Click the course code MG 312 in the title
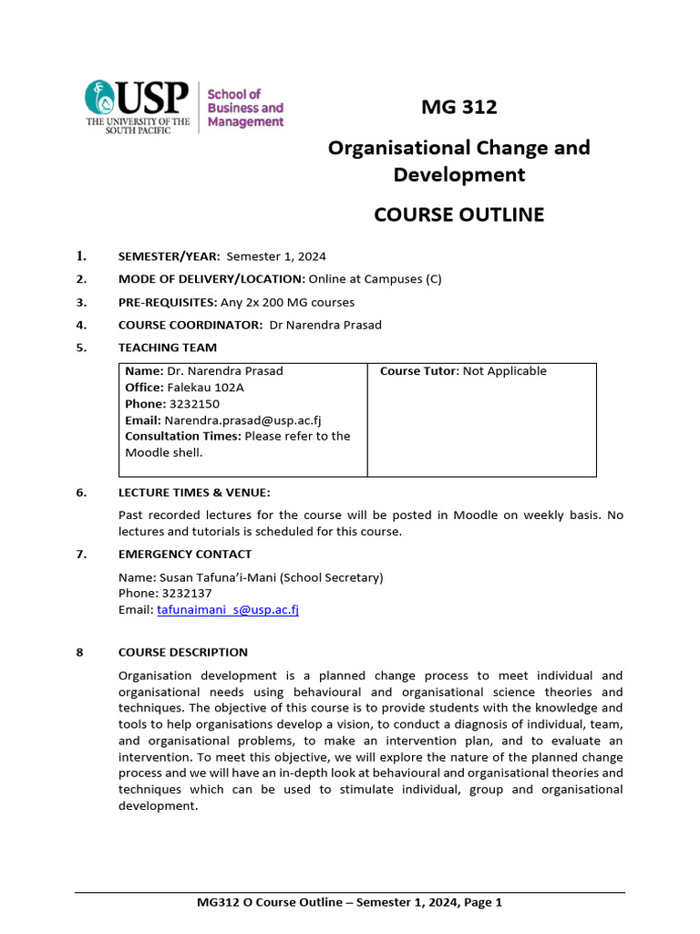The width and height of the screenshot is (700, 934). [x=458, y=107]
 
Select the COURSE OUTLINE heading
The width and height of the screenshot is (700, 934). [x=458, y=214]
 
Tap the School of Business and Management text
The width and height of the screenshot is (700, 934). [x=245, y=108]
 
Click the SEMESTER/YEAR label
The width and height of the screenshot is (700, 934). [x=170, y=256]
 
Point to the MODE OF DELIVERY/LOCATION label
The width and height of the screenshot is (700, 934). [x=211, y=279]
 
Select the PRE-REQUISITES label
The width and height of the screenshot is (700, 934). [x=168, y=302]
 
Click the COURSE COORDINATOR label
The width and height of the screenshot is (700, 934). [x=190, y=325]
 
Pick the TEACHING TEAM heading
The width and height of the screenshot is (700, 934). [x=168, y=348]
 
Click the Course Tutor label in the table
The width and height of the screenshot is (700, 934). [x=419, y=370]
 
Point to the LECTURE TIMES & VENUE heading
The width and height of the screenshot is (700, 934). [x=194, y=493]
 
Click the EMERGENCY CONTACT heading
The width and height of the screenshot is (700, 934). [x=185, y=554]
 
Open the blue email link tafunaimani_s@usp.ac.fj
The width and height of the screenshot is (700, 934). [x=228, y=609]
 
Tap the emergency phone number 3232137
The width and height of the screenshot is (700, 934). [x=185, y=593]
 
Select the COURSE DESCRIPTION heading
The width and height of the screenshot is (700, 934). [x=183, y=652]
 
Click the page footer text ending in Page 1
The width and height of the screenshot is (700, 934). [x=349, y=903]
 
